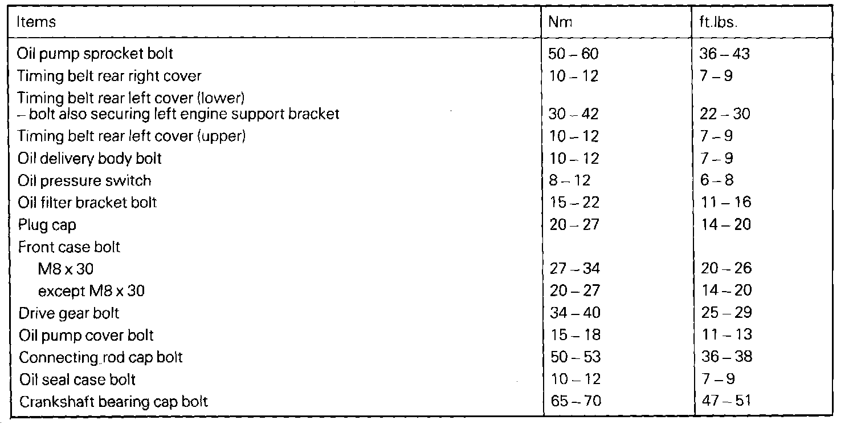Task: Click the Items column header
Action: [36, 23]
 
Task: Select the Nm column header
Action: [560, 23]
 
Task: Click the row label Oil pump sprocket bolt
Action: [95, 54]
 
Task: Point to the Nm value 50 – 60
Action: [573, 54]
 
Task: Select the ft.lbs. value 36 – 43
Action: [724, 54]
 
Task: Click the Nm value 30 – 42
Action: [573, 114]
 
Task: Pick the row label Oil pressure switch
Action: [85, 181]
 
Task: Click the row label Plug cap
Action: [47, 225]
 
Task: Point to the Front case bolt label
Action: [70, 247]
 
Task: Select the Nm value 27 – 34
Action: [574, 268]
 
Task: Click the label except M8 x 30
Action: [91, 291]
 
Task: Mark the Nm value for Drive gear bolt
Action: [574, 313]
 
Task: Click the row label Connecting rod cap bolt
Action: [101, 358]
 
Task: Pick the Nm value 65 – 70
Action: [574, 401]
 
